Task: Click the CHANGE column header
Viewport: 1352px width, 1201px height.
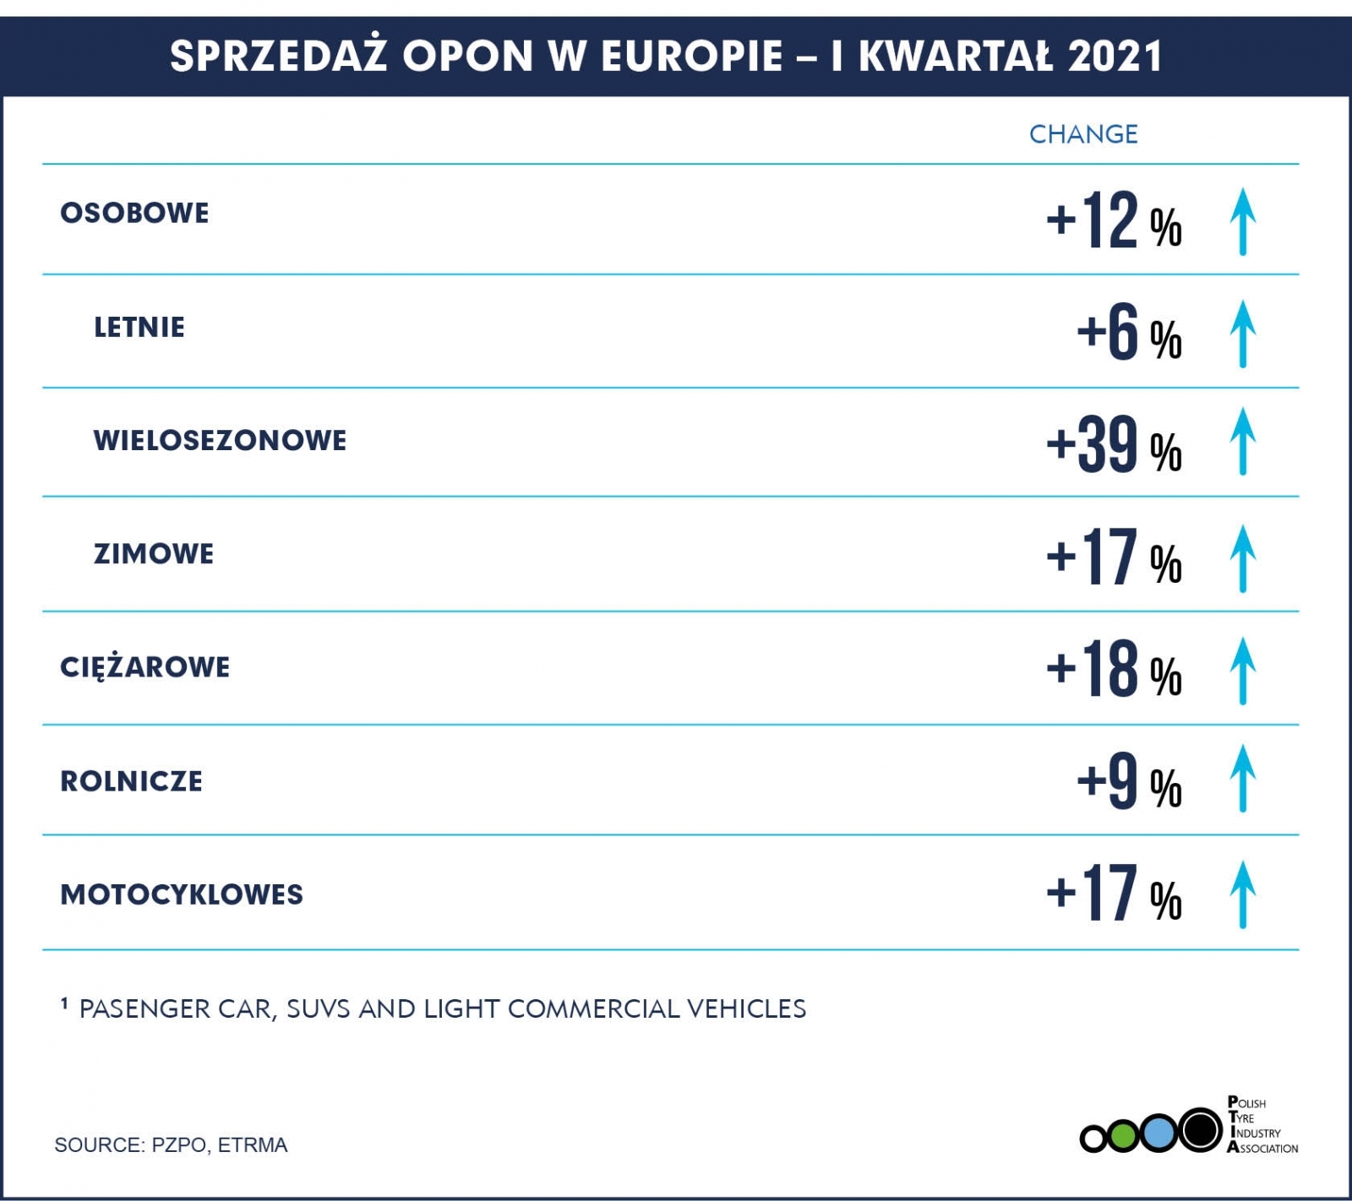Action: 1083,134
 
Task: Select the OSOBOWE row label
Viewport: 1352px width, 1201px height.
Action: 134,213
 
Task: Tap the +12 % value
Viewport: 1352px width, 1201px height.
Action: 1114,221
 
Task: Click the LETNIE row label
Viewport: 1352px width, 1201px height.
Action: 139,328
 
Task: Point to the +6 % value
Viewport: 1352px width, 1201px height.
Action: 1129,334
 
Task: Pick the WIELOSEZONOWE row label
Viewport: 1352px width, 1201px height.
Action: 220,441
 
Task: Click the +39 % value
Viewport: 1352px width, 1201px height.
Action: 1114,445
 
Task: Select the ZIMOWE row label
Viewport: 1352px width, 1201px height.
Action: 154,554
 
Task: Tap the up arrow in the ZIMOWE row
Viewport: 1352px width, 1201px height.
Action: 1242,558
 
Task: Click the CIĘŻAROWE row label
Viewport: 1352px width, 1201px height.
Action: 144,667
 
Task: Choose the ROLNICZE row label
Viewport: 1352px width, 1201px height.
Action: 131,781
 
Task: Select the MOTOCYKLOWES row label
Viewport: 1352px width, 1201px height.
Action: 182,894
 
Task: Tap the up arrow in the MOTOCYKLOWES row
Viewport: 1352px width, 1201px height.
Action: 1242,894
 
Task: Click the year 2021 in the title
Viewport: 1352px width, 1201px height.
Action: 1115,57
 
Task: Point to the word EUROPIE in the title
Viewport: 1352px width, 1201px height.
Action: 691,57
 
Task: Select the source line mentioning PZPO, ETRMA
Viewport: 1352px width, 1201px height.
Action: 171,1145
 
